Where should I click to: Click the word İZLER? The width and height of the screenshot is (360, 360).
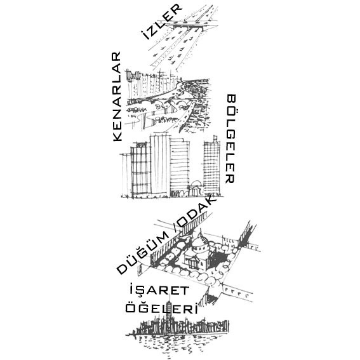pos(161,22)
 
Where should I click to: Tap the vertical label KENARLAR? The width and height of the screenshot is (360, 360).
pos(117,97)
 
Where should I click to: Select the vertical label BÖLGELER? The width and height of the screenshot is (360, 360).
pos(230,138)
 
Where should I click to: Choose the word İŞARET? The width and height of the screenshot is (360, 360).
pos(159,290)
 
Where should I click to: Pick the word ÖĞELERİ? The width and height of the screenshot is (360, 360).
pos(162,308)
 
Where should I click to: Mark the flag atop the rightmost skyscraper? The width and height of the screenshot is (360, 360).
pos(215,138)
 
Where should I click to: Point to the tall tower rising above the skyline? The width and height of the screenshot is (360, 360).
pos(170,310)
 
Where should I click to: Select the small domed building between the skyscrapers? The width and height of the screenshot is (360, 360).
pos(196,189)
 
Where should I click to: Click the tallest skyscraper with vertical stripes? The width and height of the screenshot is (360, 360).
pos(160,164)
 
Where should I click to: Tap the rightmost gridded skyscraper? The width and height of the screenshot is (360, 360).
pos(211,168)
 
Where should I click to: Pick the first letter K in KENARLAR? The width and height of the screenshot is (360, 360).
pos(117,137)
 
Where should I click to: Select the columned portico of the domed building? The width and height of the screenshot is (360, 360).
pos(193,262)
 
